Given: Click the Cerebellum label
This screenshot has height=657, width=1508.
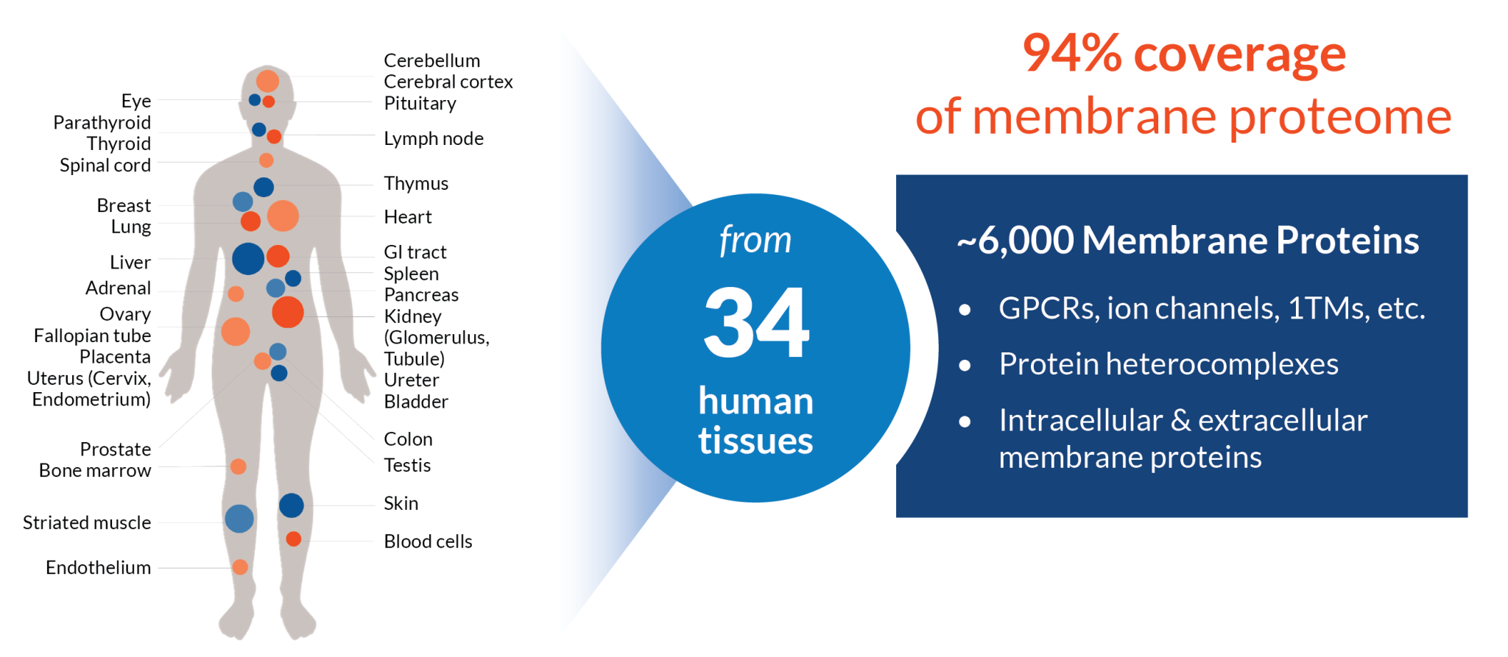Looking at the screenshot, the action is click(431, 60).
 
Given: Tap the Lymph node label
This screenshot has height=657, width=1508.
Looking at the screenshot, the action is click(434, 139).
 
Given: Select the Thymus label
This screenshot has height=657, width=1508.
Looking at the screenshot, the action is click(416, 184).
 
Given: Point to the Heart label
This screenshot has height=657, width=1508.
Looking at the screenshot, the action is click(408, 217).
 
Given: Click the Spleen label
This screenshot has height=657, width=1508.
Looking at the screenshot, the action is click(411, 274).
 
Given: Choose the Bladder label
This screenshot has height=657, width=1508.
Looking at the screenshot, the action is click(416, 402).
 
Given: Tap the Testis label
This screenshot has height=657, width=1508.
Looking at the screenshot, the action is click(407, 465).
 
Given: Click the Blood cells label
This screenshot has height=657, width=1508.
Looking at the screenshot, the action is click(428, 541).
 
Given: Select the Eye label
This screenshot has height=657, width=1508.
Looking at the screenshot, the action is click(136, 102).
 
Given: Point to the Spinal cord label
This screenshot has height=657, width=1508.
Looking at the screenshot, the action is click(105, 166).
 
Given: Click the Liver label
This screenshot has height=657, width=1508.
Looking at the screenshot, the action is click(130, 263).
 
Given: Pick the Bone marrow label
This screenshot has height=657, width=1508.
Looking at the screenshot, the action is click(95, 471).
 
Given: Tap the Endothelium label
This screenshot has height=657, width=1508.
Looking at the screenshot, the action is click(99, 568).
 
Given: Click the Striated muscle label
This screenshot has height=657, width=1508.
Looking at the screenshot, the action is click(87, 523).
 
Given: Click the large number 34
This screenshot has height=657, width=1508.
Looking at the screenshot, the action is click(756, 323).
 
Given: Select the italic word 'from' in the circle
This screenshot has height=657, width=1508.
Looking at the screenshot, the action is click(755, 241).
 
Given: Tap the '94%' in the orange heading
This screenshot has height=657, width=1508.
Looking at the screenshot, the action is click(1072, 54).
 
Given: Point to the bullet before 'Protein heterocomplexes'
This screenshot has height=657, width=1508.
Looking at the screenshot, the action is click(965, 366).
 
